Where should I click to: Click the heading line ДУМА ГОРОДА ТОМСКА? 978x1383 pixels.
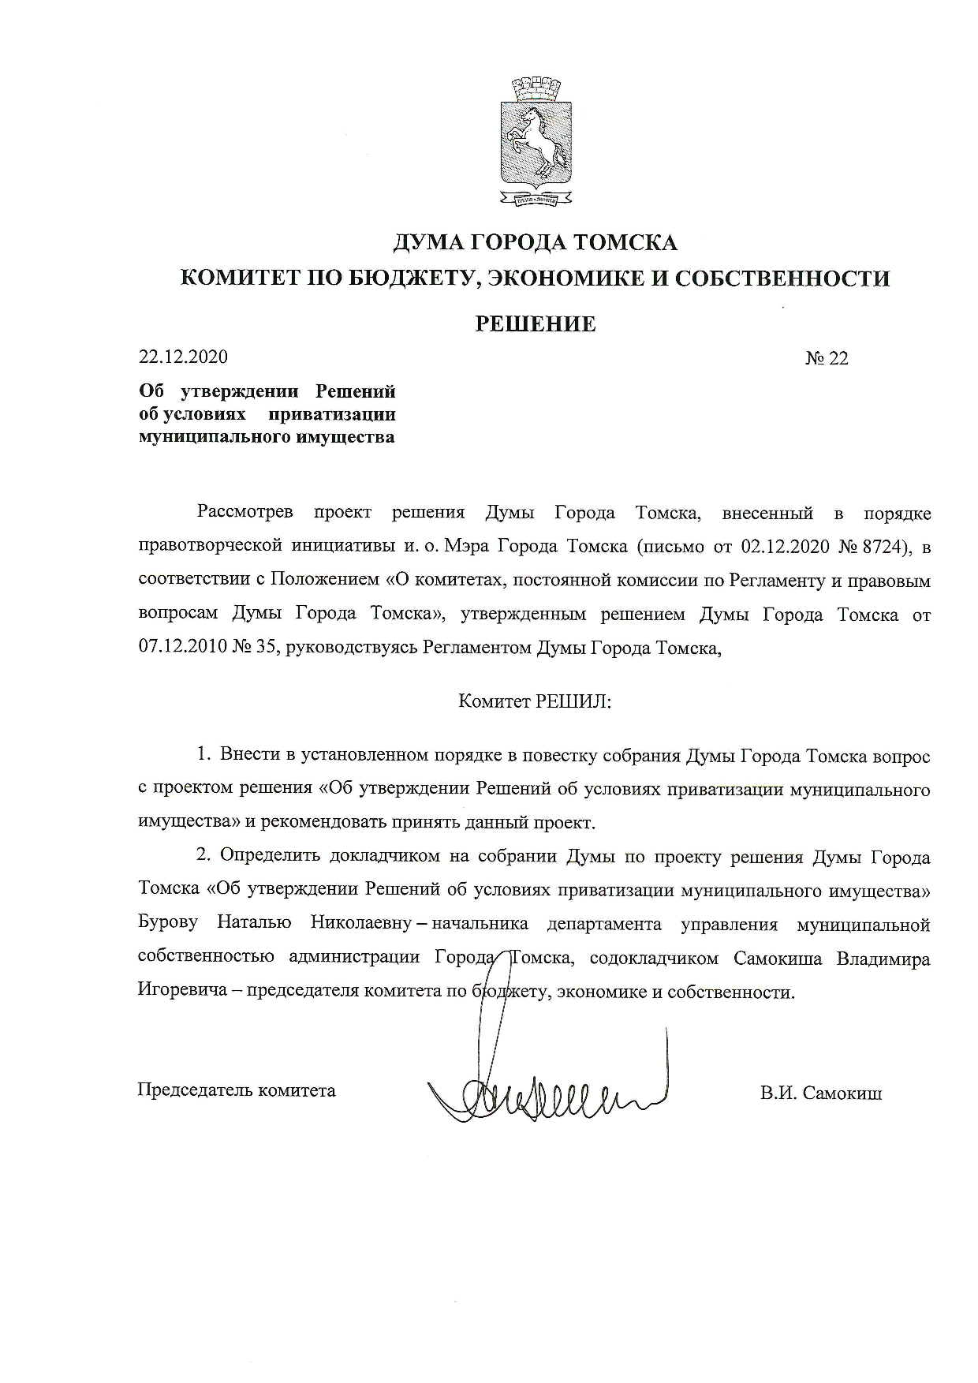535,243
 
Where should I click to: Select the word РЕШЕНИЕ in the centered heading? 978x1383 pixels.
535,323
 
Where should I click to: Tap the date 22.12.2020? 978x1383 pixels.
183,357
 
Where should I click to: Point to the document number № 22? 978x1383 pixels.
827,358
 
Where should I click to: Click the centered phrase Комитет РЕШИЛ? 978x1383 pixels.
535,702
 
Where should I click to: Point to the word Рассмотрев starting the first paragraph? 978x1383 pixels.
245,514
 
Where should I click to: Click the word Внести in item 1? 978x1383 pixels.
247,756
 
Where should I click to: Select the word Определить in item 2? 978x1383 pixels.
269,857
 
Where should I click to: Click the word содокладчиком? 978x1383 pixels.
654,959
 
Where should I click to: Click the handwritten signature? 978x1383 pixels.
544,1093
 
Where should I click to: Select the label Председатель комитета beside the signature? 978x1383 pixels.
237,1090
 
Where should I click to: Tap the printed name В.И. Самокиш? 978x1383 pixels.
821,1093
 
